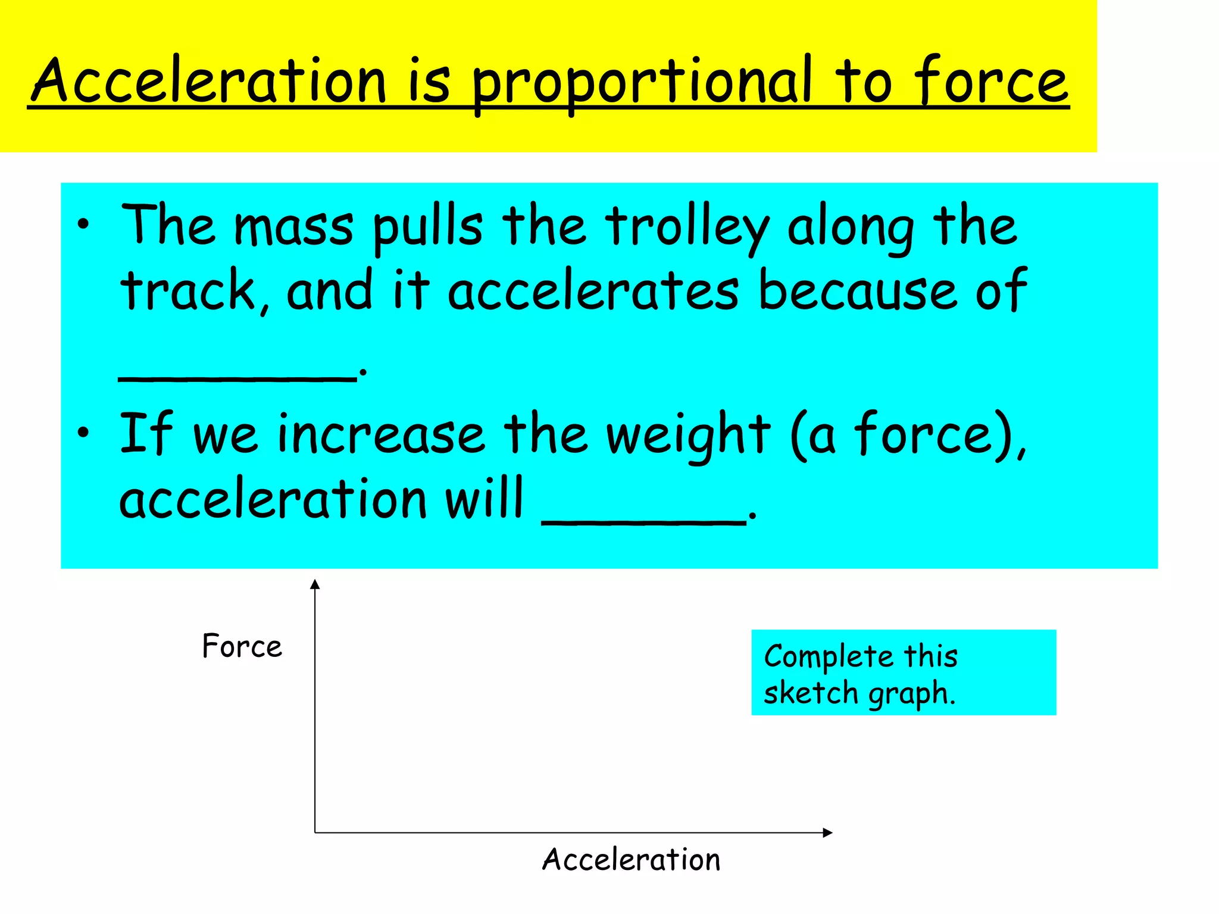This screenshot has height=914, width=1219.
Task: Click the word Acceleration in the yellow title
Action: [x=209, y=80]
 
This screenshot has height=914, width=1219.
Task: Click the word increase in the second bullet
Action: [x=381, y=434]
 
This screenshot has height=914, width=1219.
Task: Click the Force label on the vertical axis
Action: [x=242, y=646]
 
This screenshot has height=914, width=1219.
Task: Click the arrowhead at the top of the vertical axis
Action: [x=315, y=584]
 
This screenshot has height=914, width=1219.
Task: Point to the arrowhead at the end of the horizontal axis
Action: [x=827, y=832]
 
